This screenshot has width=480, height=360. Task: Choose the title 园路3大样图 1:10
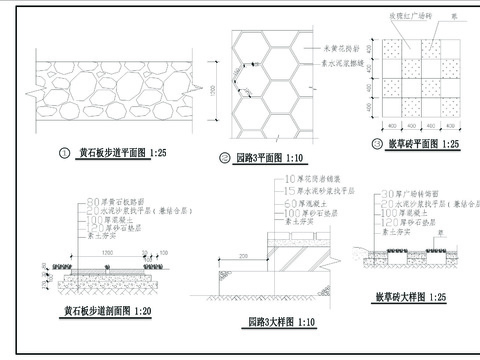[282, 322]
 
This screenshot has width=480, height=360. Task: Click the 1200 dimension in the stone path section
[108, 254]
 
